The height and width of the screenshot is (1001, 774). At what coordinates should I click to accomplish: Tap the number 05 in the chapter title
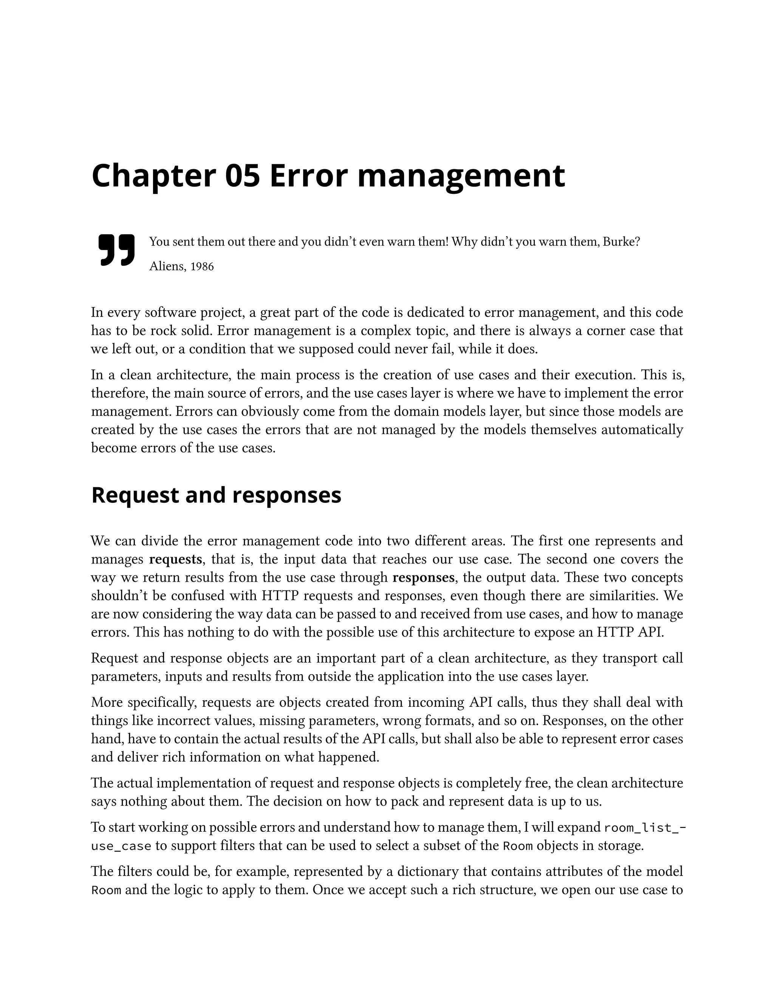coord(243,176)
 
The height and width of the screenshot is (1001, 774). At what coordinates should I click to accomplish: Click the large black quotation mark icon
coord(116,250)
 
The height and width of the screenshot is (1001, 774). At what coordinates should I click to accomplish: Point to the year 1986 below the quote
coord(202,266)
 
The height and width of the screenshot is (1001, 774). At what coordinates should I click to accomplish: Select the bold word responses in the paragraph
coord(423,578)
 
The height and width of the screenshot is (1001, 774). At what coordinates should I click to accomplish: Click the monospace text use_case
coord(121,846)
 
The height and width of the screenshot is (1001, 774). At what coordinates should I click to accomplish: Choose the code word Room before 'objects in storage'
coord(518,846)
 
